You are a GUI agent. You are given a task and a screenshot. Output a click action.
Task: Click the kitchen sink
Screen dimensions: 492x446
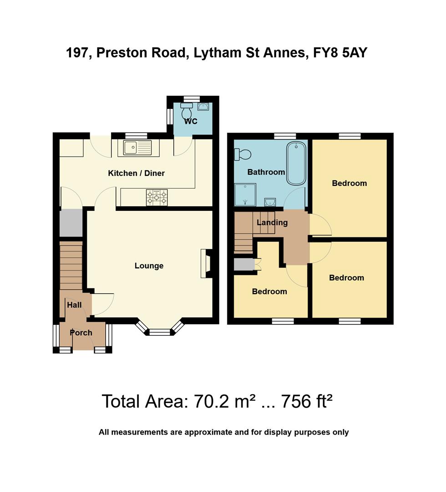click(137, 148)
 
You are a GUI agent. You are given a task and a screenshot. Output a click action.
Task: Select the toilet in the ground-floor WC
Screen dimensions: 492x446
click(187, 111)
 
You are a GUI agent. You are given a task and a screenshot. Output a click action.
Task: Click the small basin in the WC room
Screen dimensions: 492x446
click(203, 107)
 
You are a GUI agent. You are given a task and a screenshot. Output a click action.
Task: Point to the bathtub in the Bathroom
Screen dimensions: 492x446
click(296, 164)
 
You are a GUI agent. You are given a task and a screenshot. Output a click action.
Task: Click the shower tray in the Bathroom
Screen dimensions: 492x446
click(245, 194)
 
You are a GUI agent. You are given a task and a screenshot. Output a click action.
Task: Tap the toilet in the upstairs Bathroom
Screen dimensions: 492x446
click(242, 155)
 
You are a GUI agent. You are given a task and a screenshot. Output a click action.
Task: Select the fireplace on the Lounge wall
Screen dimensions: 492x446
click(206, 263)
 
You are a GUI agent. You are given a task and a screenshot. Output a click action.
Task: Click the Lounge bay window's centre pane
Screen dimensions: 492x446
click(159, 333)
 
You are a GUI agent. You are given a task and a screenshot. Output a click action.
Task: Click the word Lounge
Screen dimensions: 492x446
click(149, 266)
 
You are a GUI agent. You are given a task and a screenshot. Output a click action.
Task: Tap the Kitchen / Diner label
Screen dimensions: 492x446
click(136, 173)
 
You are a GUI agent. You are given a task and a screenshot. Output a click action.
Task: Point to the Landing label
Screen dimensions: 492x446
click(272, 223)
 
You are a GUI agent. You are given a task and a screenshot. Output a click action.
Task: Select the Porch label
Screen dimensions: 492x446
click(81, 333)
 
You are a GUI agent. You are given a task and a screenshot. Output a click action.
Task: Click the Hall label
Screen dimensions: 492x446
click(74, 305)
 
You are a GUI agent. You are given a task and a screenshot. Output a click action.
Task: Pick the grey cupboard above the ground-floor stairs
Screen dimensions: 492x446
click(71, 223)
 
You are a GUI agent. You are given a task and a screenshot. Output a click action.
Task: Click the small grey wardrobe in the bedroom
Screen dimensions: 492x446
click(244, 265)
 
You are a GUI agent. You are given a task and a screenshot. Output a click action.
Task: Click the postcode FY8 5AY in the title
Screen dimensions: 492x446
click(340, 53)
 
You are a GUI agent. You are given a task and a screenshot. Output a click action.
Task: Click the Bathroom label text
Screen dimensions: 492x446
click(266, 172)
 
